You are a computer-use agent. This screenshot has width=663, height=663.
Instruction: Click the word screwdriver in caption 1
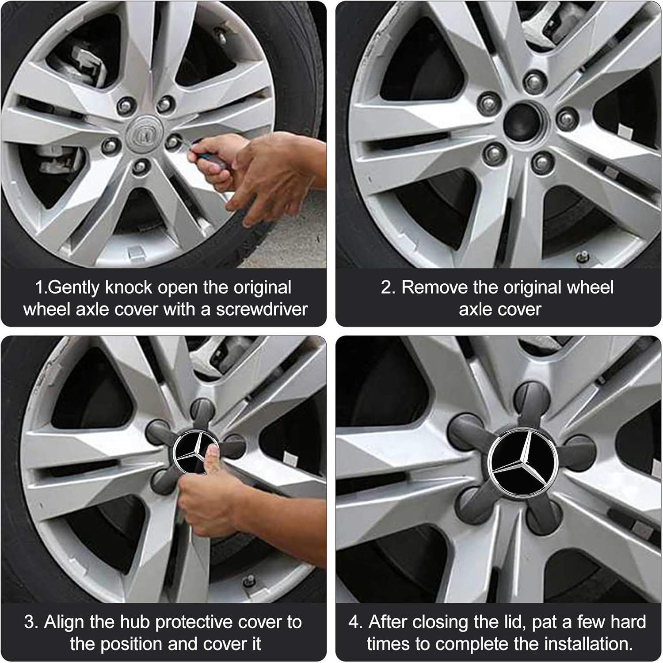click(262, 309)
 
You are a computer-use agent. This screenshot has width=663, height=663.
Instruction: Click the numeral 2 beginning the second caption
click(387, 287)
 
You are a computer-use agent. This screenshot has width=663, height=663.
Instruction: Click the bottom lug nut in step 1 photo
click(140, 166)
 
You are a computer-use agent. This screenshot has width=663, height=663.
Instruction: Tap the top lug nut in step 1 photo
click(166, 99)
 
